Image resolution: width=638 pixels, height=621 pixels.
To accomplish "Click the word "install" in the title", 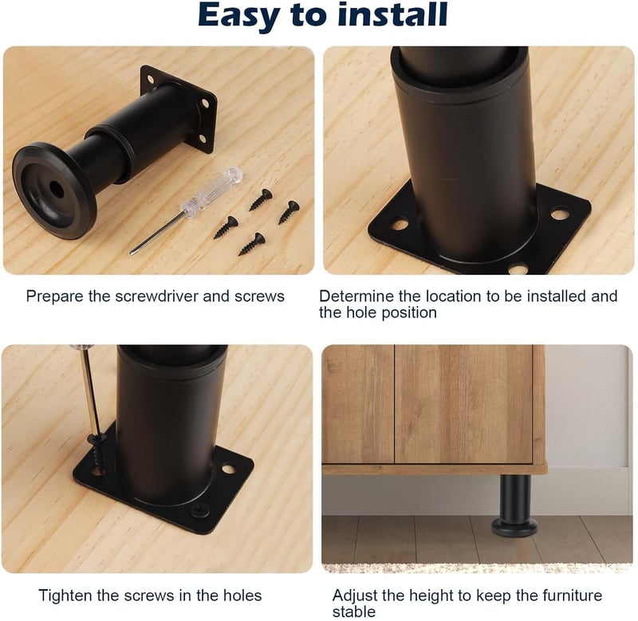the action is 392,15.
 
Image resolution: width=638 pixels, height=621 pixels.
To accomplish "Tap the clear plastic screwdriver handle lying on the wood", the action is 211,190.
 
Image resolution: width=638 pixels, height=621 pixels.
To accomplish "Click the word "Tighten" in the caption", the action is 65,595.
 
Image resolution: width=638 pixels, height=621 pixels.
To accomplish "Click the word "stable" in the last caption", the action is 353,611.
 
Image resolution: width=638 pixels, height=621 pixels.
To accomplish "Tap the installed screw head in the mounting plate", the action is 199,509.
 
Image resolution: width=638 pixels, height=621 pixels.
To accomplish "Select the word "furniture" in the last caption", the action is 572,595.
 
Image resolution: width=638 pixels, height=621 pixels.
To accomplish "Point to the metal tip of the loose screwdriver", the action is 132,253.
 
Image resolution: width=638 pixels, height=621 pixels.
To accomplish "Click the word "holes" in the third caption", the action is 242,595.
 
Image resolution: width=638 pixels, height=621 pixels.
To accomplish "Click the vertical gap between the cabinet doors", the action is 394,404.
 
